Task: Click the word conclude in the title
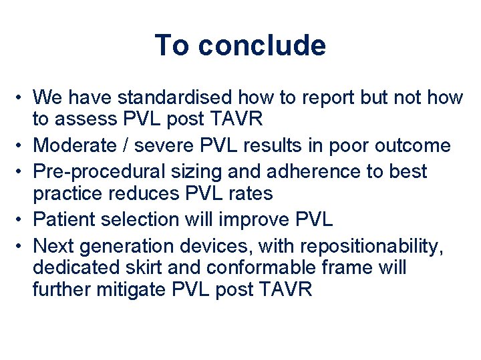click(x=262, y=45)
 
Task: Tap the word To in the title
click(x=172, y=45)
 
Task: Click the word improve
click(x=257, y=219)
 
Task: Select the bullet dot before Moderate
click(x=21, y=146)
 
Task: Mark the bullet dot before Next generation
click(x=21, y=245)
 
